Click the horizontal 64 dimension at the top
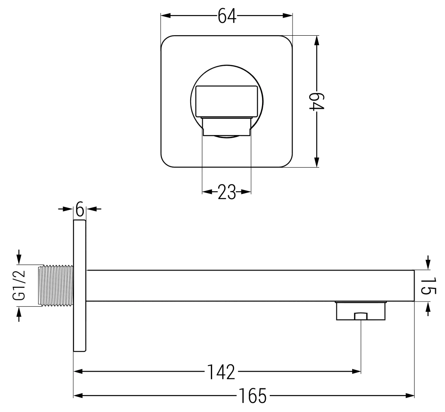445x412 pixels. [227, 16]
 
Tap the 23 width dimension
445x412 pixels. [227, 192]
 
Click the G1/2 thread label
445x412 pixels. [19, 285]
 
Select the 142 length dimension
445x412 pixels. [221, 372]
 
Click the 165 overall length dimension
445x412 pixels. [253, 396]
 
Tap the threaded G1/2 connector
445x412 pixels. [56, 286]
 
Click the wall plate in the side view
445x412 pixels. [80, 286]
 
